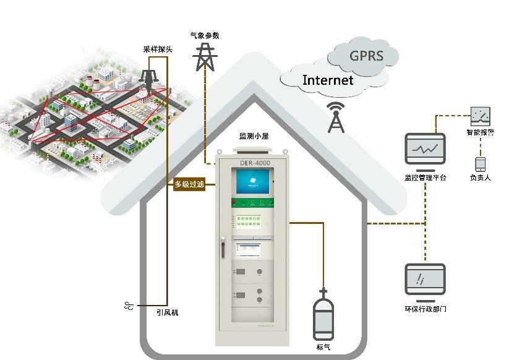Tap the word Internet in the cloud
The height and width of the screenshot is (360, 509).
[x=327, y=80]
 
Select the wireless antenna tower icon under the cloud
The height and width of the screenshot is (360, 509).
[x=336, y=118]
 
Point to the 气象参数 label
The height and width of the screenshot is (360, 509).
[x=203, y=36]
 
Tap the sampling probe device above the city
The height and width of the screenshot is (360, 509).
[x=149, y=80]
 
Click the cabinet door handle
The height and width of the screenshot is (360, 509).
[x=219, y=249]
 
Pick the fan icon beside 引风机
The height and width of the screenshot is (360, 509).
[x=129, y=306]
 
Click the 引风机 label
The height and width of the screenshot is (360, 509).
[x=167, y=313]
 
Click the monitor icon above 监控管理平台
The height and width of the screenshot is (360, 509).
[x=424, y=151]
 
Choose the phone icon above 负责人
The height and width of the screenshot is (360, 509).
[x=480, y=165]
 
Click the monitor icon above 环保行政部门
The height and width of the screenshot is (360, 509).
[x=425, y=281]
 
